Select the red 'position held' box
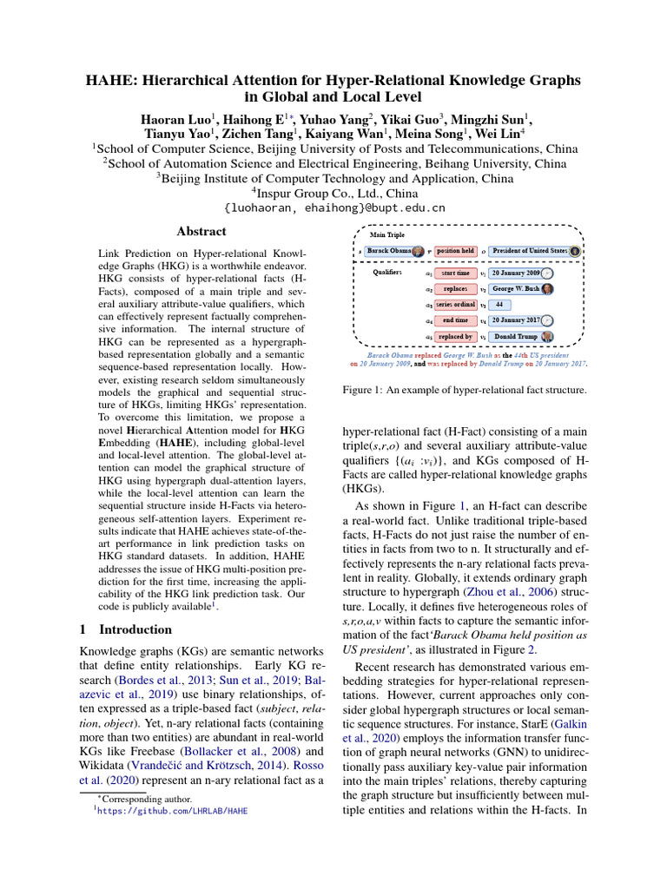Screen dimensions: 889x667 455,251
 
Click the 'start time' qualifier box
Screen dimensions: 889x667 455,273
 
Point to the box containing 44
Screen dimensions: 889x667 499,305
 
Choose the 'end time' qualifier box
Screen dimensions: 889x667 455,320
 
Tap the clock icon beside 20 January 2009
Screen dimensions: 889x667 547,273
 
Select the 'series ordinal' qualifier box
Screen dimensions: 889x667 455,305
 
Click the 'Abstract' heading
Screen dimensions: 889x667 201,232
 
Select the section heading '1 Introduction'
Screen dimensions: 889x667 126,629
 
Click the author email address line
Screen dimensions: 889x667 333,208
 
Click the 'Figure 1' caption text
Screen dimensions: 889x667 466,391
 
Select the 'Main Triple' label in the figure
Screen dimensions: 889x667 388,234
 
